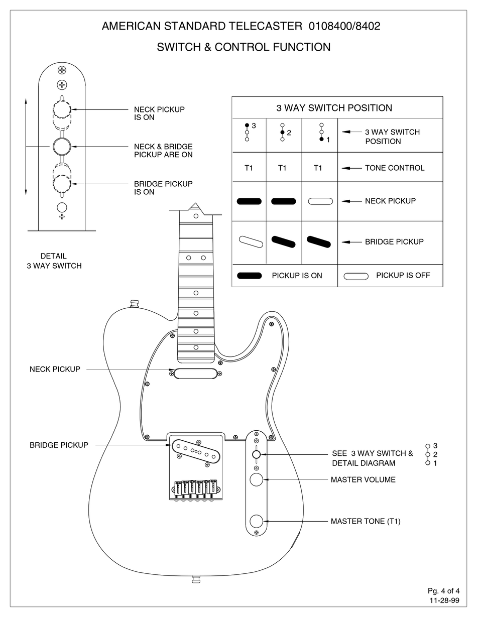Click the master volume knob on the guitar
point(257,479)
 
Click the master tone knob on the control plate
point(257,521)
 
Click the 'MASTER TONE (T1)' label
point(365,522)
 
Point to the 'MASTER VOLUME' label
point(363,480)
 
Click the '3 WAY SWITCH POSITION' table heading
point(334,108)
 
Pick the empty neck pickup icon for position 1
point(320,201)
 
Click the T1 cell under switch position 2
point(282,168)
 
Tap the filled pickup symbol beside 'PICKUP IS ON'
point(249,276)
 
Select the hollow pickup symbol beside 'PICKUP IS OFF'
point(356,276)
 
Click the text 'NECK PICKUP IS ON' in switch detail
point(159,113)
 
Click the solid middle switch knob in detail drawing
point(61,146)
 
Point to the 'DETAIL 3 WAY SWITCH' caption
point(54,261)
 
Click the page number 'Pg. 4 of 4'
point(443,590)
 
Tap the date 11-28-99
point(444,600)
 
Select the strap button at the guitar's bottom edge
point(196,579)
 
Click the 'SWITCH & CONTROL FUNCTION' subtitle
point(244,47)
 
